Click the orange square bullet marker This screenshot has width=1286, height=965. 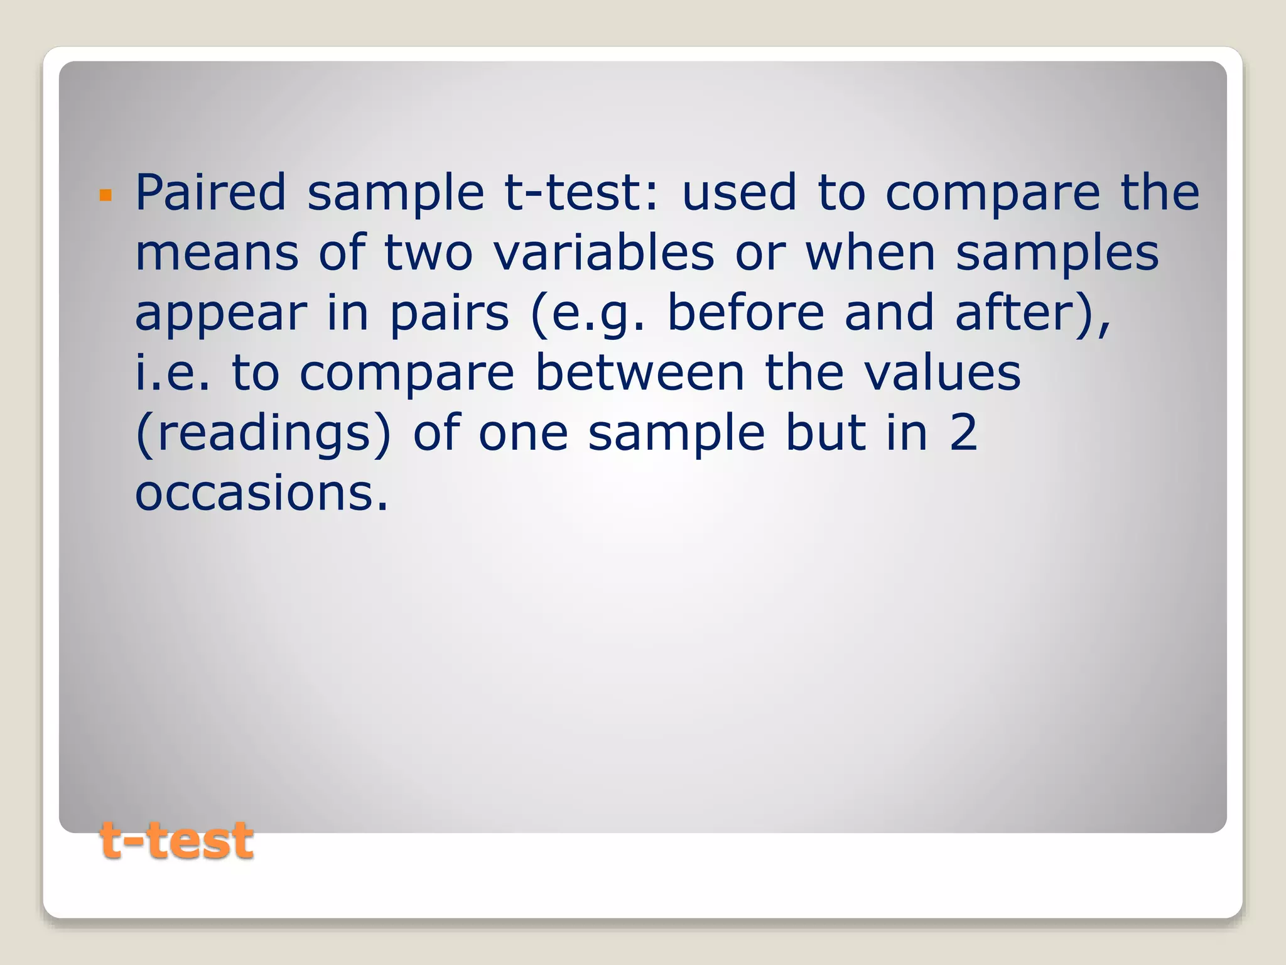pyautogui.click(x=105, y=195)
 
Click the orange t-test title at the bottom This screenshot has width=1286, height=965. pyautogui.click(x=176, y=841)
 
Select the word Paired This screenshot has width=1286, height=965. pyautogui.click(x=211, y=192)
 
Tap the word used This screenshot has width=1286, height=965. pyautogui.click(x=739, y=192)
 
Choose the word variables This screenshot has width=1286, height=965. pyautogui.click(x=603, y=253)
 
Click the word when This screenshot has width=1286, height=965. pyautogui.click(x=870, y=253)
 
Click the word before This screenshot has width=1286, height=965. pyautogui.click(x=745, y=312)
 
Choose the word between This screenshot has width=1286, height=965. pyautogui.click(x=639, y=373)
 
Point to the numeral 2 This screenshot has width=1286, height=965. pyautogui.click(x=963, y=433)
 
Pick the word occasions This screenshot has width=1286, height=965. pyautogui.click(x=261, y=493)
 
